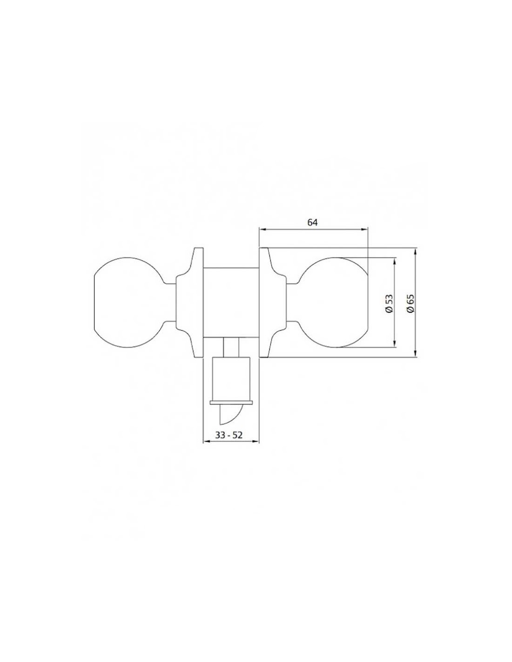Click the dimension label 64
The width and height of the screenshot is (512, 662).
tap(312, 223)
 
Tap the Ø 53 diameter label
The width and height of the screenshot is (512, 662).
tap(389, 303)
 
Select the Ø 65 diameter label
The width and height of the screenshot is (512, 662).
tap(410, 303)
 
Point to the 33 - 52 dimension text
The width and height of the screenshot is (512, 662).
tap(229, 435)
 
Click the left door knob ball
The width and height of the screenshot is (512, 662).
tap(128, 303)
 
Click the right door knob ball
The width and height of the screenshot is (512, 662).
tap(334, 303)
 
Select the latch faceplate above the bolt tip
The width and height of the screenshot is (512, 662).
tap(231, 403)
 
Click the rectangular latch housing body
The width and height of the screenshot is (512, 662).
tap(231, 379)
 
